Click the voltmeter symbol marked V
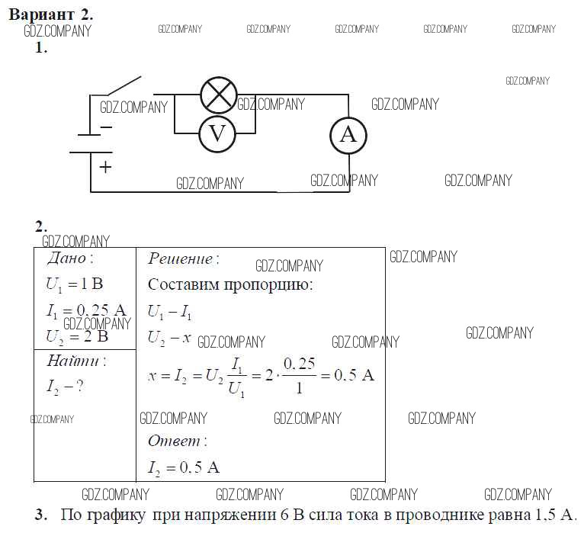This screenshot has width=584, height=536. tap(217, 134)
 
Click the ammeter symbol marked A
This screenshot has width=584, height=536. tap(348, 135)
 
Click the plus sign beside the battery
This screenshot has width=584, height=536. tap(105, 167)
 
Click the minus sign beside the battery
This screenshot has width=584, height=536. tap(106, 127)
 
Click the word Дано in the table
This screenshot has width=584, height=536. tap(67, 258)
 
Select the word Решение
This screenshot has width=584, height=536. tap(181, 258)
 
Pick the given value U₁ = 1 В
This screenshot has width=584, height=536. tap(74, 284)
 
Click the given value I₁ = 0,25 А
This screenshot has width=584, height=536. tap(85, 310)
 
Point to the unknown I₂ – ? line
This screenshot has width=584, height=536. tap(65, 387)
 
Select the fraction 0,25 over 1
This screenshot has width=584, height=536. tap(298, 375)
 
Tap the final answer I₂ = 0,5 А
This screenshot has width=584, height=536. tap(183, 467)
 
